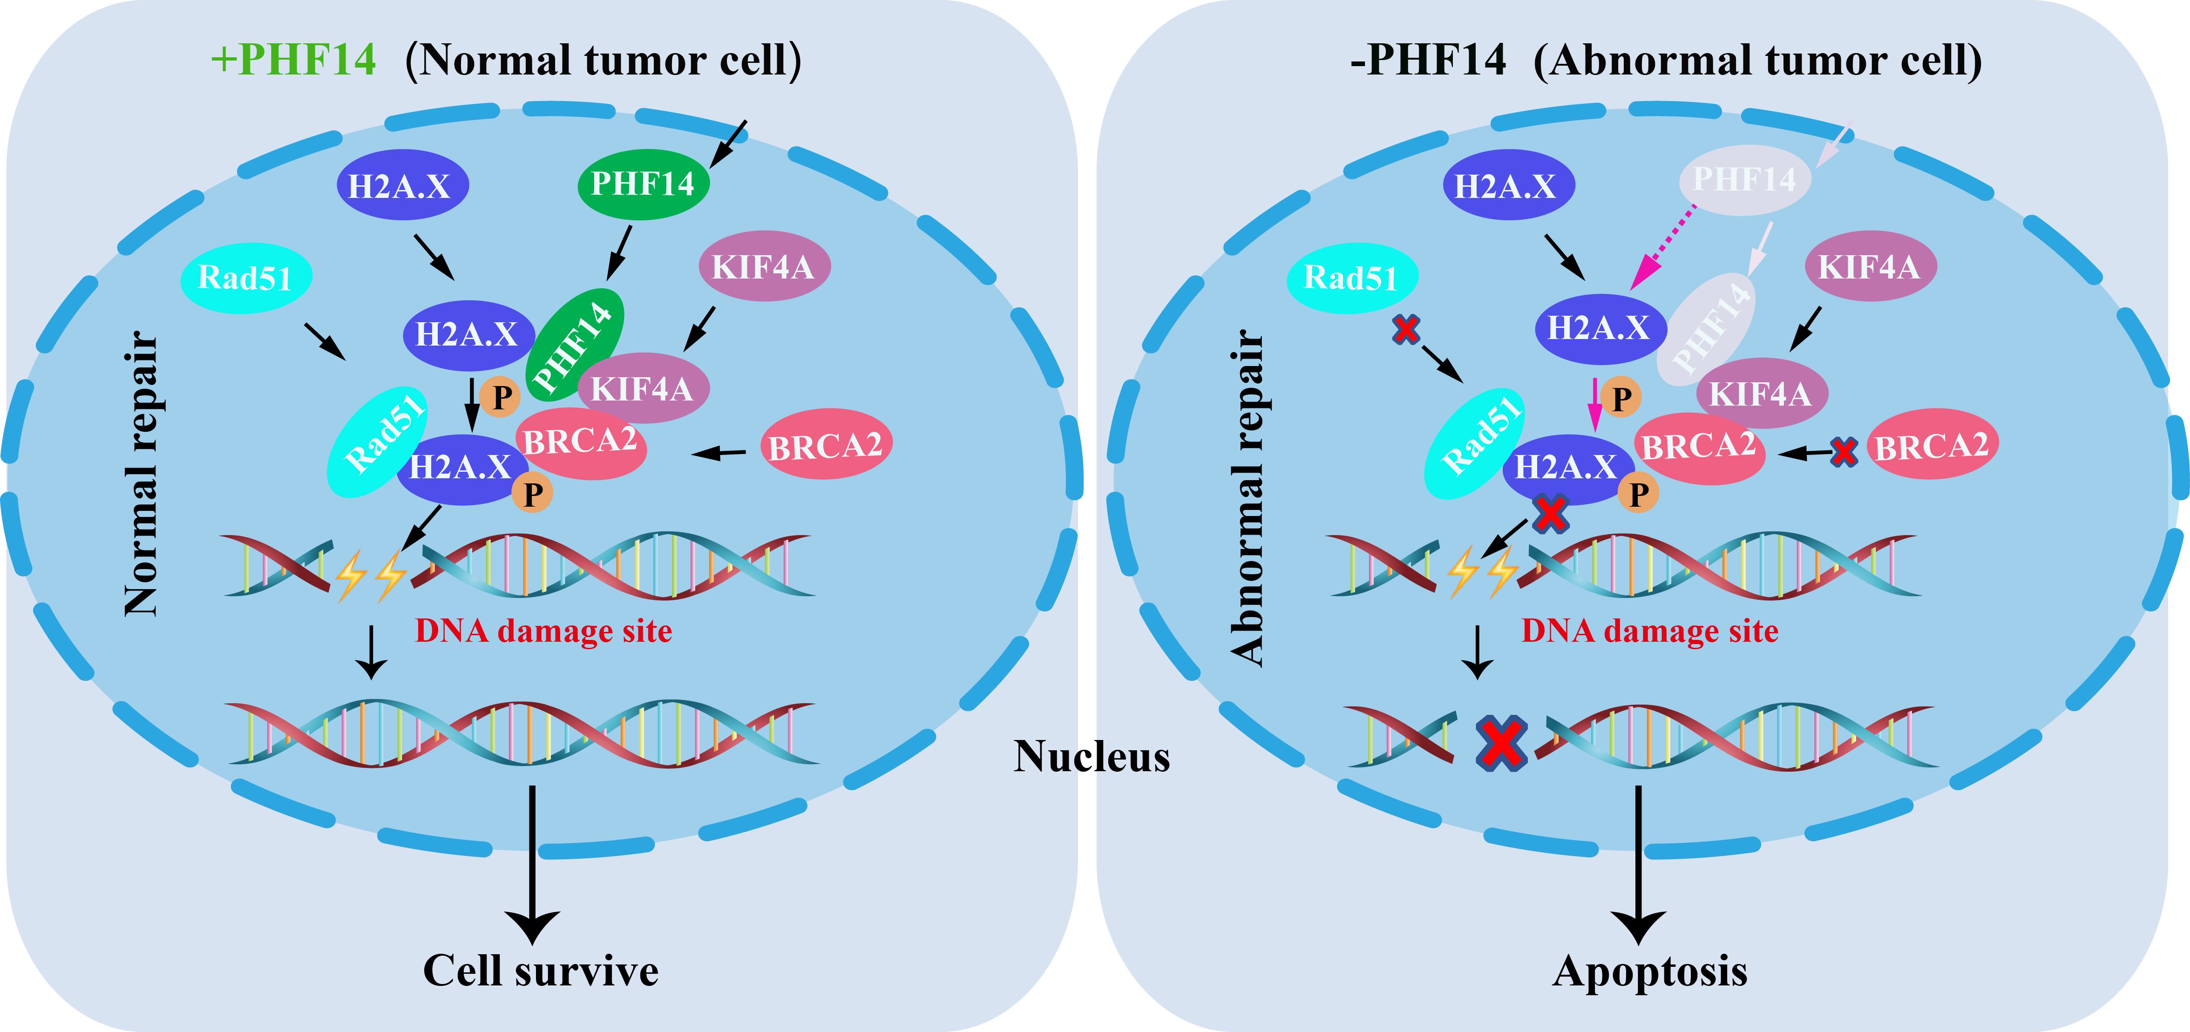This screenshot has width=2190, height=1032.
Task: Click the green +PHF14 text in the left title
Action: [x=293, y=60]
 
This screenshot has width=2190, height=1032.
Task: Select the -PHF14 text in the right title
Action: [x=1428, y=60]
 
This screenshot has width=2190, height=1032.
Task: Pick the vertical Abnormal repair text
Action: [x=1248, y=497]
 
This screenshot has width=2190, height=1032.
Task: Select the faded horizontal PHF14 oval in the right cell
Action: [x=1744, y=179]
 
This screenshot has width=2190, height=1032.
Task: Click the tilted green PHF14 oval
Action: [x=575, y=344]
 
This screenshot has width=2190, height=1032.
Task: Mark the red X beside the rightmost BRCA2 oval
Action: [x=1843, y=451]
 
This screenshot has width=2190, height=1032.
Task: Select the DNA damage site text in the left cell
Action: [x=543, y=631]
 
